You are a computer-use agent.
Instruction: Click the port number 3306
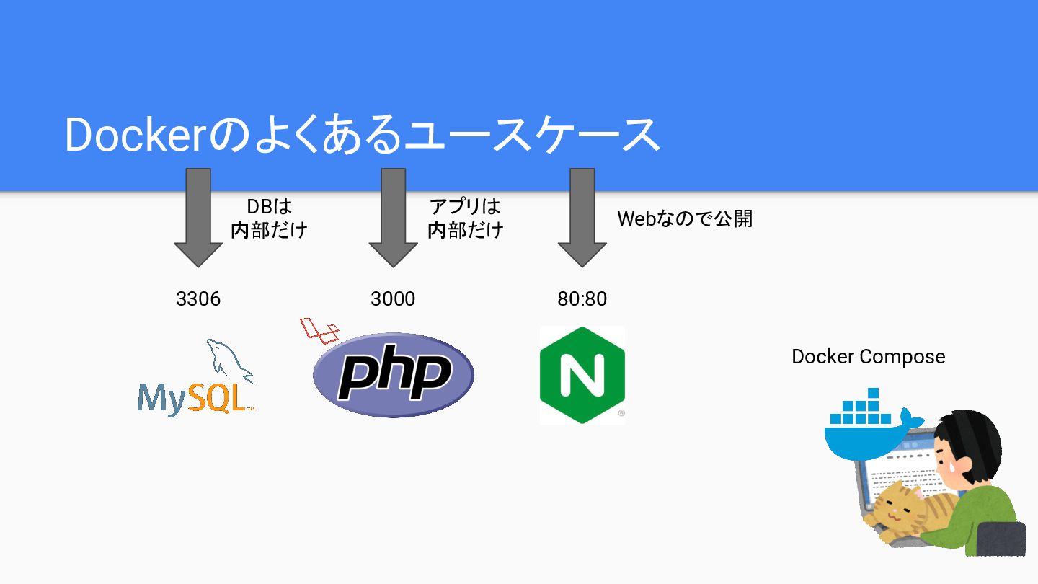point(198,298)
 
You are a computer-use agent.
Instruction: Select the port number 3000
point(393,298)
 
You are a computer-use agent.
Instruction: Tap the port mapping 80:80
point(582,298)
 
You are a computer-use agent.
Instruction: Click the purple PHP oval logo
point(394,375)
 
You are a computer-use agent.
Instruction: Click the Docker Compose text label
point(868,356)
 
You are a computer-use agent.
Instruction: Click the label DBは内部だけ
point(269,218)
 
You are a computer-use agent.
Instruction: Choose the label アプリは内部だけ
point(465,218)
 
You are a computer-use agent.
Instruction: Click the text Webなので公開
point(685,218)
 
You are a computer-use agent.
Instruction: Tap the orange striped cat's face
point(894,509)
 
